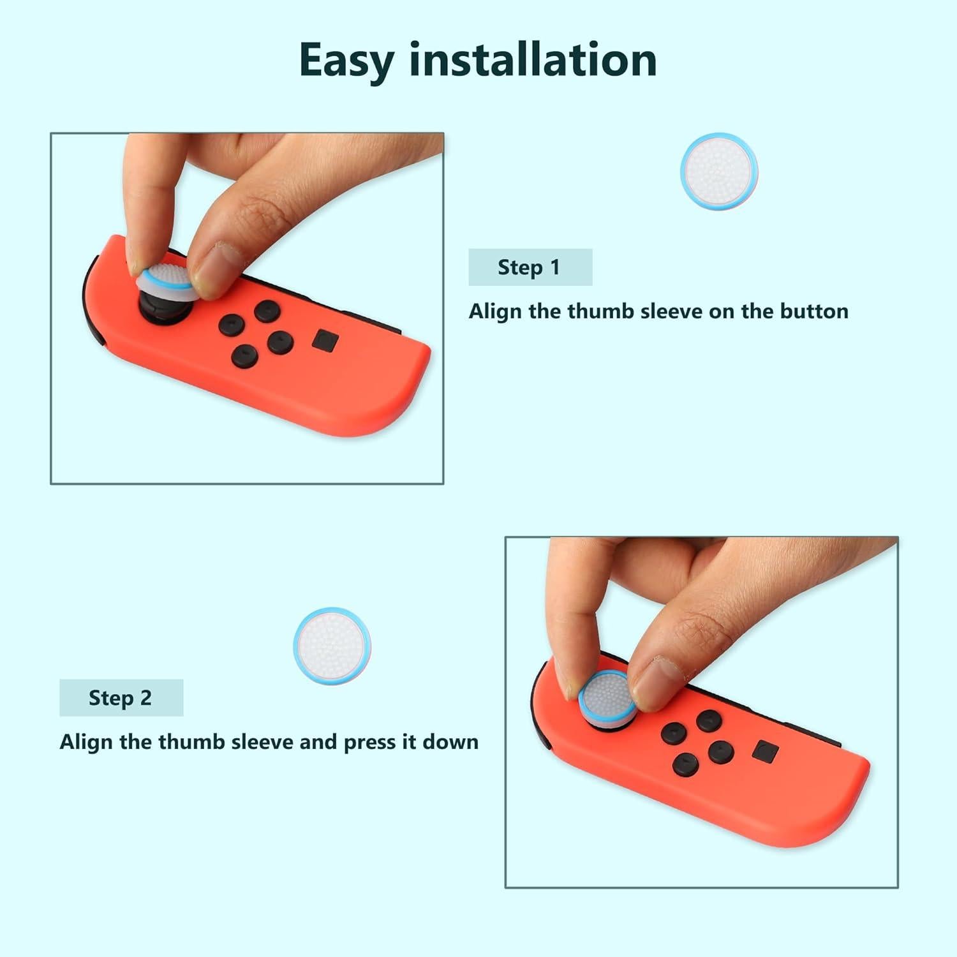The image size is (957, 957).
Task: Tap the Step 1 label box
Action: (530, 267)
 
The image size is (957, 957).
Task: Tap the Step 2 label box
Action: (121, 698)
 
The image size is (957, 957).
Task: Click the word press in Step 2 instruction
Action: (369, 742)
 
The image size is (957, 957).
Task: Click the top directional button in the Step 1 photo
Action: (267, 311)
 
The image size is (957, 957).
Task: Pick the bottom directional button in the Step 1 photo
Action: (244, 355)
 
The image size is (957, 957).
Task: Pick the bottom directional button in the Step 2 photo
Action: (685, 764)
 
